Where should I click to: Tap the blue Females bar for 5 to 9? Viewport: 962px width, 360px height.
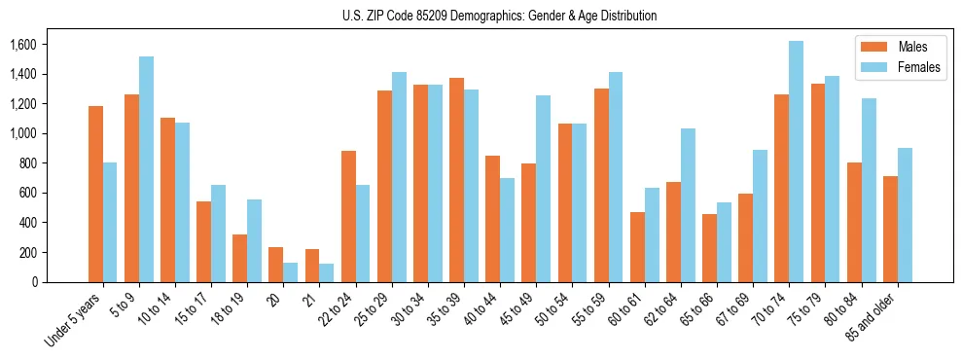[x=146, y=169]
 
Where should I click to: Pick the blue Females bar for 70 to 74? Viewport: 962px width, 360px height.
[x=796, y=162]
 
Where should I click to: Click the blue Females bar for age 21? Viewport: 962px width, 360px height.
[x=326, y=272]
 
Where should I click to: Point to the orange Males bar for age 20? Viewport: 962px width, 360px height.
[x=276, y=265]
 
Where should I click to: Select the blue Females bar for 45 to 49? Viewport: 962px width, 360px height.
[x=543, y=189]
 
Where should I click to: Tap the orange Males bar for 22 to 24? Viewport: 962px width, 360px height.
[x=348, y=216]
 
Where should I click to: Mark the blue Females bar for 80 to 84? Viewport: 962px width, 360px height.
[x=868, y=190]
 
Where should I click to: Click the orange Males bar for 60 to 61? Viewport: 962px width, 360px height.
[x=637, y=247]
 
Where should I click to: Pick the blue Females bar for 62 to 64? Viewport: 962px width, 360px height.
[x=688, y=205]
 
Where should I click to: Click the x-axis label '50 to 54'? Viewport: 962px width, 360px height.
[x=552, y=308]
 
